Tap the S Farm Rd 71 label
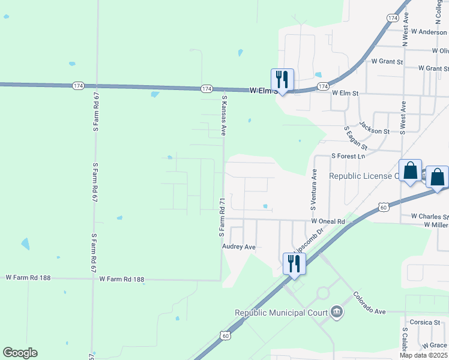(221, 216)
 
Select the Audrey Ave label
(239, 247)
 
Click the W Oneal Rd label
(328, 221)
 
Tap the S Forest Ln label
(348, 156)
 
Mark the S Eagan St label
(355, 139)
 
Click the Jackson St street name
(375, 127)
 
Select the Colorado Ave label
(369, 303)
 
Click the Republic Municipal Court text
(281, 313)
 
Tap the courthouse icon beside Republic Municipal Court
(336, 312)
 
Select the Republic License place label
(364, 176)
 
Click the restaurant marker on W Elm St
(282, 79)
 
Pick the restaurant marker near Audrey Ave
(294, 264)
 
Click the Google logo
(20, 353)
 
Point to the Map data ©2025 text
(424, 355)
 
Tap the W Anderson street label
(424, 32)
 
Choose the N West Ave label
(406, 28)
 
